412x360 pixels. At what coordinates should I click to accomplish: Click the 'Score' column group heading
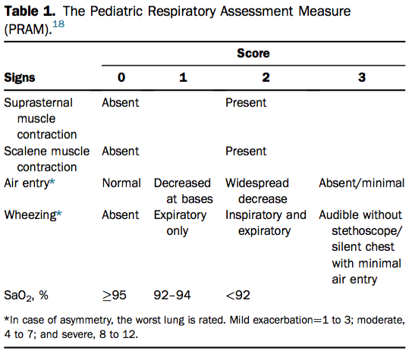253,54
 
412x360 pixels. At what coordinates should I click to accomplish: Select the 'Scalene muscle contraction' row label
47,158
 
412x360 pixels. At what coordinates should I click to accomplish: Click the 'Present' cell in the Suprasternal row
246,102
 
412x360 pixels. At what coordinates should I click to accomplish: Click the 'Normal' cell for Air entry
121,183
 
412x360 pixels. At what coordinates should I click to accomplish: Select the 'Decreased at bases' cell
183,191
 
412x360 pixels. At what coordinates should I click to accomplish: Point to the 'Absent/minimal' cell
362,183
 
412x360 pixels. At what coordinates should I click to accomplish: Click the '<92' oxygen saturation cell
239,295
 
